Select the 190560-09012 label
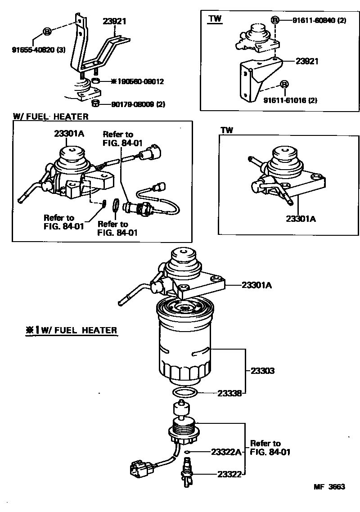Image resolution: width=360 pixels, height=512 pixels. coord(137,81)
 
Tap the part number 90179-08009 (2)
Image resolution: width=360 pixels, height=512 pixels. coord(139,104)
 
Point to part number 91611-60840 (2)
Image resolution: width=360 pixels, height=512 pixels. coord(319,20)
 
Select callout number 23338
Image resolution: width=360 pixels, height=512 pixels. coord(230,393)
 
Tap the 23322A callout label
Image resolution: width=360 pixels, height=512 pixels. coord(226,452)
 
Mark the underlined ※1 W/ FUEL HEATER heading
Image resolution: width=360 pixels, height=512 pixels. coord(71,331)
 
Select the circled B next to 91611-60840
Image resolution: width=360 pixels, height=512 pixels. coord(275,20)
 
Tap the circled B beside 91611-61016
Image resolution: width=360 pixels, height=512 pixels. coord(284,85)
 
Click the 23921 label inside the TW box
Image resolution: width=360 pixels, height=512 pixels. coord(306,61)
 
